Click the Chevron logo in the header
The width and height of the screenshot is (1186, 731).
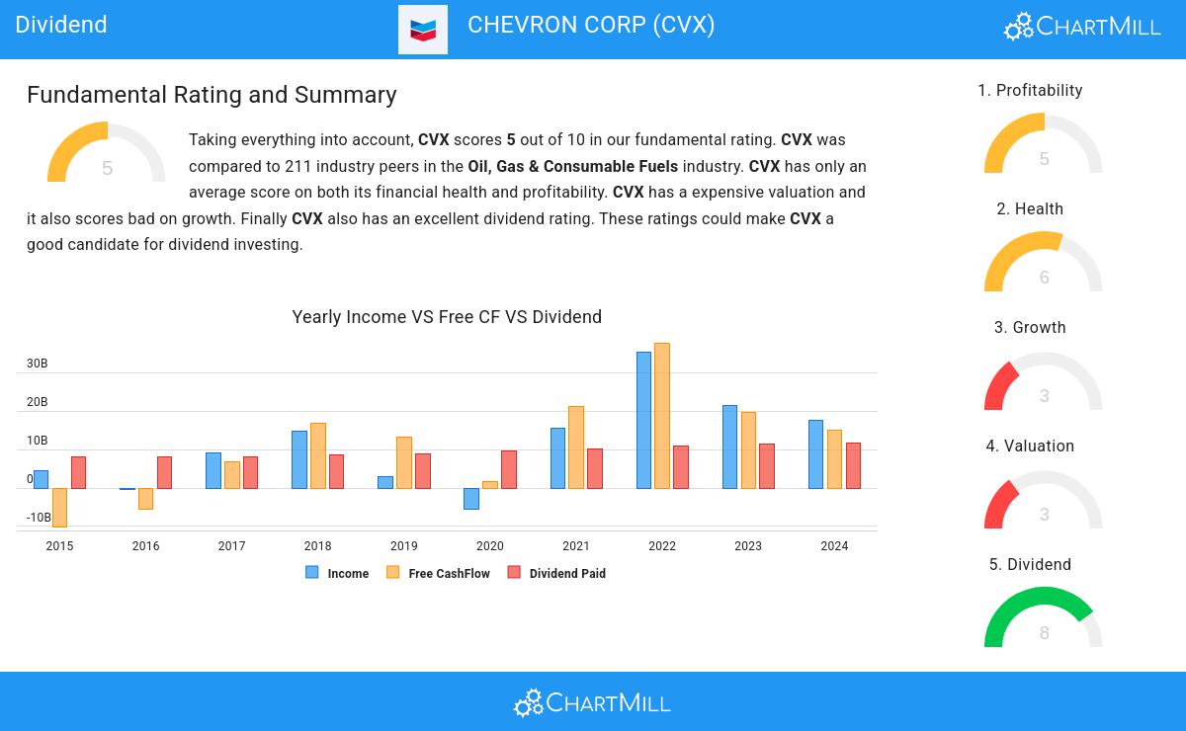(x=423, y=30)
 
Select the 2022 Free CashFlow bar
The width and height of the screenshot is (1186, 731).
(x=662, y=416)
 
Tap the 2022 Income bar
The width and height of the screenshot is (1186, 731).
(x=643, y=420)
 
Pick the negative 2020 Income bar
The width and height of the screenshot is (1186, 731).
(x=471, y=499)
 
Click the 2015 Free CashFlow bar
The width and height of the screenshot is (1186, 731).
(x=59, y=507)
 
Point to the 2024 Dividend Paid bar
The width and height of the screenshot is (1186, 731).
(x=853, y=465)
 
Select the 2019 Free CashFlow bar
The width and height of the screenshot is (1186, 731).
(x=403, y=462)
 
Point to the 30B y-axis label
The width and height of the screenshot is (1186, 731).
(x=38, y=364)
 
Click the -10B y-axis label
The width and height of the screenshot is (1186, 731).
(x=39, y=518)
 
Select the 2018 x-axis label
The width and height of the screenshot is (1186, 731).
(x=317, y=546)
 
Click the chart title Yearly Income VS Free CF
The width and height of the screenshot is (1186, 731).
(x=447, y=317)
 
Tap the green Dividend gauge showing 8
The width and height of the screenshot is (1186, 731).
(x=1043, y=617)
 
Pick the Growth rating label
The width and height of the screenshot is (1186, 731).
(x=1030, y=328)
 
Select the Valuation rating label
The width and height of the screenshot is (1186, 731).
(x=1030, y=447)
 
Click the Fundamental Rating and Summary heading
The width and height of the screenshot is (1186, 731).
(x=212, y=95)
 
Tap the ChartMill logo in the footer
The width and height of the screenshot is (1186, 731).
(x=592, y=702)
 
